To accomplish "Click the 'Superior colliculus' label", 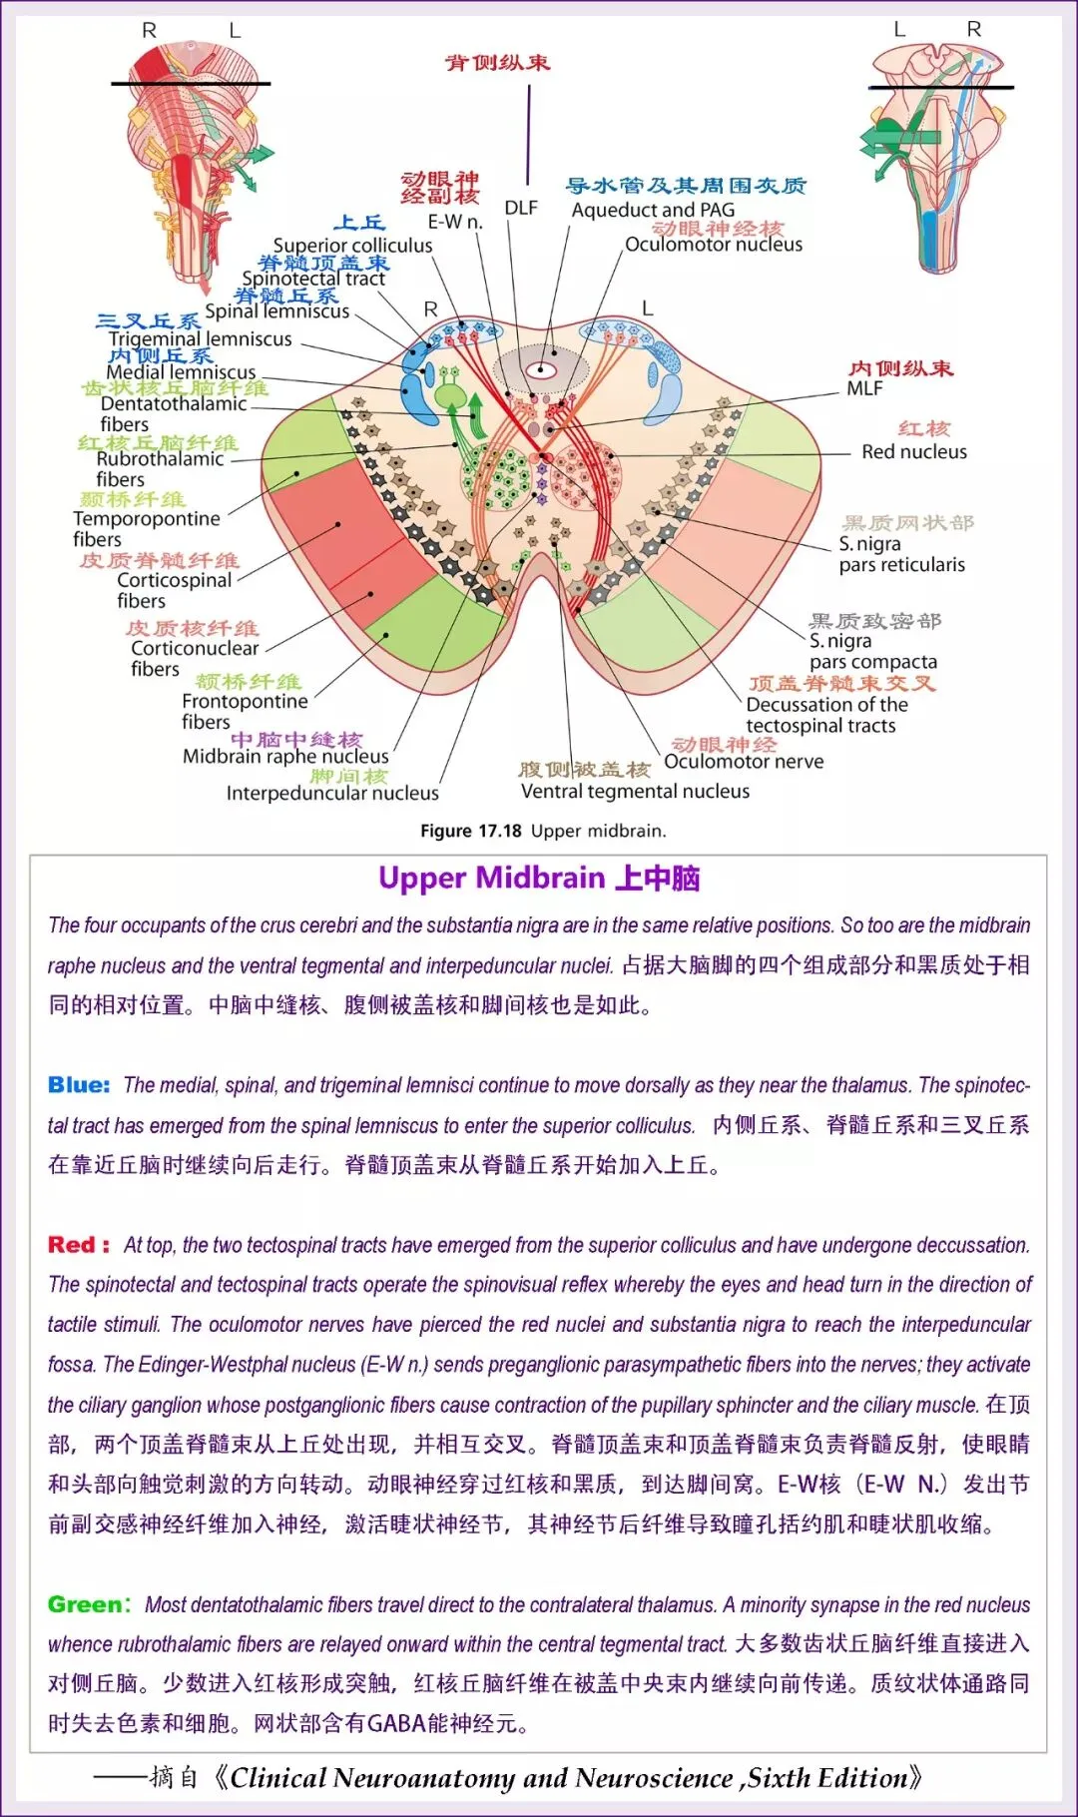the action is (352, 246).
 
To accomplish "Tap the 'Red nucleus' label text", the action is (913, 452).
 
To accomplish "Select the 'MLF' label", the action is (864, 388).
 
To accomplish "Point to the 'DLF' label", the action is (520, 208).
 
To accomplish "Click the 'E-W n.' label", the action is (454, 222).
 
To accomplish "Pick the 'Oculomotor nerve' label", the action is (744, 762).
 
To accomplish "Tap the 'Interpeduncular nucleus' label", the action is (332, 794).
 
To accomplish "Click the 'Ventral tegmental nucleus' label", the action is (635, 792).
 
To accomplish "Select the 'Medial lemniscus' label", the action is (181, 371).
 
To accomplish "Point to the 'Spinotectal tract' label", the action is (313, 279).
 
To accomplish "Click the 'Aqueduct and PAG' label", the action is (653, 210).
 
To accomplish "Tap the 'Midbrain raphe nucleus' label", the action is (285, 757).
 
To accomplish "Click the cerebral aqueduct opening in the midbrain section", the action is (542, 370).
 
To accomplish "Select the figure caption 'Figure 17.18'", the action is (470, 831).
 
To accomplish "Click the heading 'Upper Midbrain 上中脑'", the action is (539, 879).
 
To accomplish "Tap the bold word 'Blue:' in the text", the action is (79, 1085).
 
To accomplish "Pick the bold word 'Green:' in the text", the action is (89, 1605).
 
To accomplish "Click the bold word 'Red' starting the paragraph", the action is (71, 1245).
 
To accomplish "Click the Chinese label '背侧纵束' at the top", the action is (497, 63).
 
